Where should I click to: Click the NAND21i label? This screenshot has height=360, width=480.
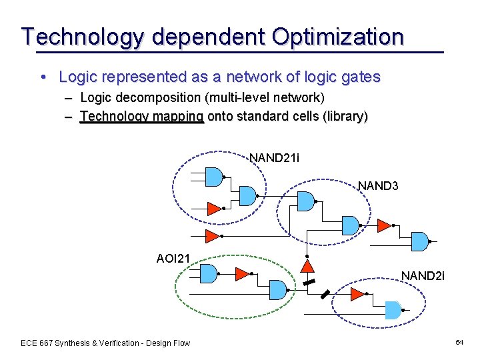point(274,158)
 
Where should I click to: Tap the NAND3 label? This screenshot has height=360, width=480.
point(378,185)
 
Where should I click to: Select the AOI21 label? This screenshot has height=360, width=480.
point(173,258)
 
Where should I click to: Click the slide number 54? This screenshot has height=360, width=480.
point(459,342)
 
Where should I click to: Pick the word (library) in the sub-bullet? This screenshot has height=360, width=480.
point(345,116)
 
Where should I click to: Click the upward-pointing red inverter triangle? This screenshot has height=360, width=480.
point(307,266)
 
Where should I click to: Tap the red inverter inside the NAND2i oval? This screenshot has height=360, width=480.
point(358,295)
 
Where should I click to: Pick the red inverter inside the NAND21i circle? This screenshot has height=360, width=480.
point(214,209)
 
